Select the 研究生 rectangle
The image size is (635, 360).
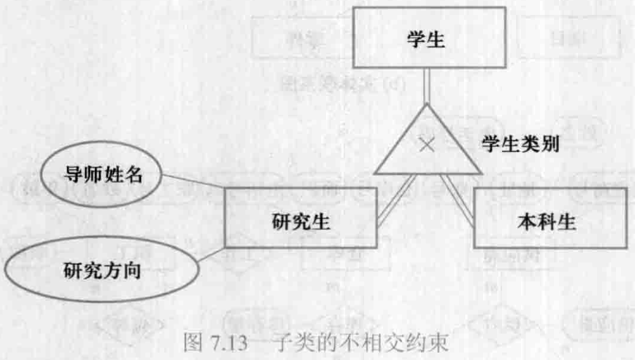(x=302, y=219)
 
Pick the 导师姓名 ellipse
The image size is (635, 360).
(x=102, y=175)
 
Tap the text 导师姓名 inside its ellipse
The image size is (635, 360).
(x=102, y=175)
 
